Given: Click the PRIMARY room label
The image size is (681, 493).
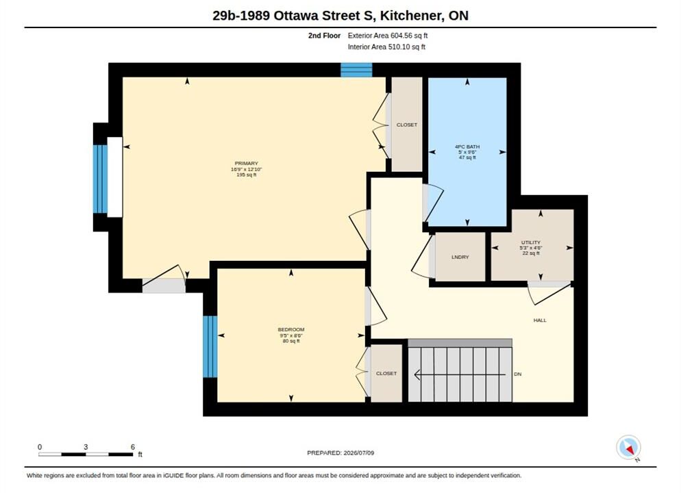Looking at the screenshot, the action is (246, 164).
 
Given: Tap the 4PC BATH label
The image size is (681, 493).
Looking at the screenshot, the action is (467, 147).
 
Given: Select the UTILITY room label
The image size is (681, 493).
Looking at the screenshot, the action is (531, 242).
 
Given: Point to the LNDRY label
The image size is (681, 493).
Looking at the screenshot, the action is (460, 257).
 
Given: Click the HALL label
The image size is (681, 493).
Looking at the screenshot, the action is (540, 320).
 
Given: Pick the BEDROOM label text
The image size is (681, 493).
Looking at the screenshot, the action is (291, 330).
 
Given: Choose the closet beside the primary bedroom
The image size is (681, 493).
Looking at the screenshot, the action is (406, 125).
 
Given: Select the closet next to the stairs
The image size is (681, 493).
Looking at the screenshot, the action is (386, 373).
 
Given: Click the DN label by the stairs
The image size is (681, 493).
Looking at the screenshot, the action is (518, 374).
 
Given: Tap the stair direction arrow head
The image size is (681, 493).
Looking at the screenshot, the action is (417, 374).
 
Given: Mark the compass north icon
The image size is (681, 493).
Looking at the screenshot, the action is (628, 447).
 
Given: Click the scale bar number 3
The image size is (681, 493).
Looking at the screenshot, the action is (86, 447).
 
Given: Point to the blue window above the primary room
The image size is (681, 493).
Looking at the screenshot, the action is (356, 70).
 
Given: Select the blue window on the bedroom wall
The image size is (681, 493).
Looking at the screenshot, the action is (210, 346).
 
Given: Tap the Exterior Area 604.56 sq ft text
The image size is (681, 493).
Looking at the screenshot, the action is (387, 36).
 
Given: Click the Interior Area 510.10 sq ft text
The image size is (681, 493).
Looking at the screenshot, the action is (386, 47).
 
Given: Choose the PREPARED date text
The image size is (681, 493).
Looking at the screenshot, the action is (340, 453).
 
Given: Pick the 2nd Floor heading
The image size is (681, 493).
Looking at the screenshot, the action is (325, 36).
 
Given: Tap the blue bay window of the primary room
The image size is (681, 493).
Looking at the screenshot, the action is (100, 179).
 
